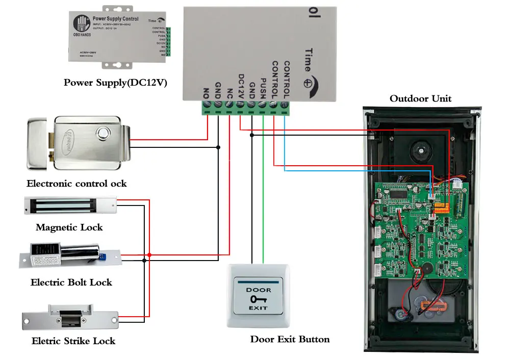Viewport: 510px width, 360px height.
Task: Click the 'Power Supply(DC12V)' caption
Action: tap(115, 83)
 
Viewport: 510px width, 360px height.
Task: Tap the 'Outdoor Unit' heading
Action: tap(420, 98)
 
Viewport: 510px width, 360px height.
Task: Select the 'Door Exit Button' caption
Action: tap(290, 339)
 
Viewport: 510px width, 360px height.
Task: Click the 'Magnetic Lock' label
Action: tap(69, 227)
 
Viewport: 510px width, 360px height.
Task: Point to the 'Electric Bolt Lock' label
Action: tap(71, 282)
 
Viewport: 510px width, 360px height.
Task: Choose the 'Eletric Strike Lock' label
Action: tap(73, 341)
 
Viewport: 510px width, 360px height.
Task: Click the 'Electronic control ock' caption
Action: tap(76, 184)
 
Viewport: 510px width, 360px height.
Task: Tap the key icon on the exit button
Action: tap(259, 299)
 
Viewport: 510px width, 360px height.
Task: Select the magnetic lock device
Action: tap(70, 206)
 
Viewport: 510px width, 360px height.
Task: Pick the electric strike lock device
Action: tap(73, 318)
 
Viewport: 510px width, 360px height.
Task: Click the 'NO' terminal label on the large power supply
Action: tap(207, 93)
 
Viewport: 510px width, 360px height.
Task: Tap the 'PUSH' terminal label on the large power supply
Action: tap(263, 88)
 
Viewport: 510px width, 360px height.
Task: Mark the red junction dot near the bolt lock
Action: tap(149, 254)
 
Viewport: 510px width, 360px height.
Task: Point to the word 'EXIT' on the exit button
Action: tap(259, 308)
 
